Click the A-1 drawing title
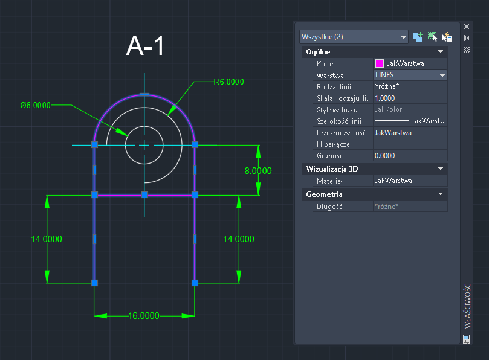click(145, 47)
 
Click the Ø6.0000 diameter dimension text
click(35, 105)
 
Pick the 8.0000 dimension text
click(258, 171)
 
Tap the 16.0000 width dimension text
click(144, 315)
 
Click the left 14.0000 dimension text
click(47, 239)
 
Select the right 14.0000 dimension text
click(239, 239)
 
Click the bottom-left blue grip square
click(94, 282)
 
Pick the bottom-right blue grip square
click(195, 282)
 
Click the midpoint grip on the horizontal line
click(144, 194)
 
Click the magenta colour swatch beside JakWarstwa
click(380, 63)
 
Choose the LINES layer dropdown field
click(410, 75)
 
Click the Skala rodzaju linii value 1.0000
click(385, 98)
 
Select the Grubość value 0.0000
click(385, 155)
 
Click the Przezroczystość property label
click(342, 132)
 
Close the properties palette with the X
click(466, 27)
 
